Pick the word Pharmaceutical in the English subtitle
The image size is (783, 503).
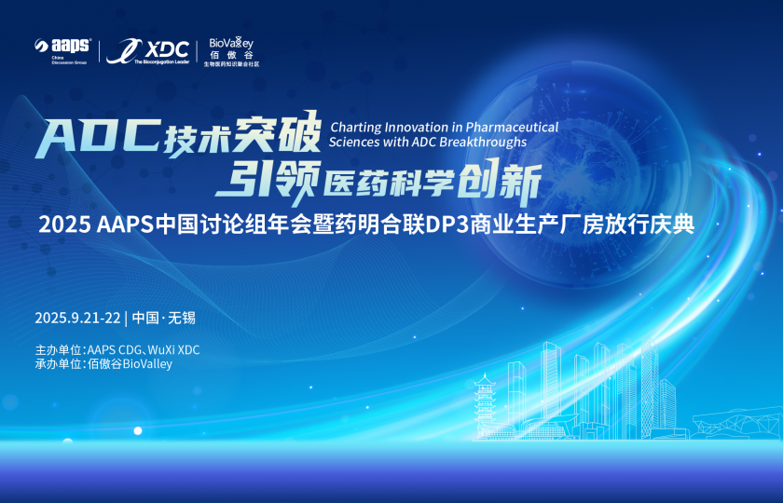(512, 126)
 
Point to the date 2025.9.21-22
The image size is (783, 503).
(77, 318)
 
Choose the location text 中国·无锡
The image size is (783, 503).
(164, 318)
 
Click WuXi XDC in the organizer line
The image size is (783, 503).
(175, 350)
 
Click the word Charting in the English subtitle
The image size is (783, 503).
(352, 126)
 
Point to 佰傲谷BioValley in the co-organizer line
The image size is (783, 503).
(130, 364)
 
